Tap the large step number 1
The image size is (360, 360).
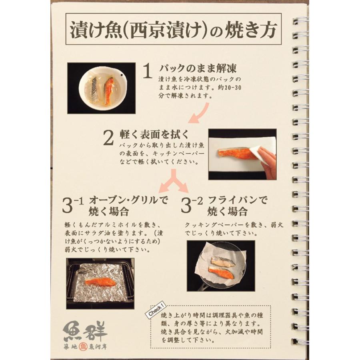[147, 72]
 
